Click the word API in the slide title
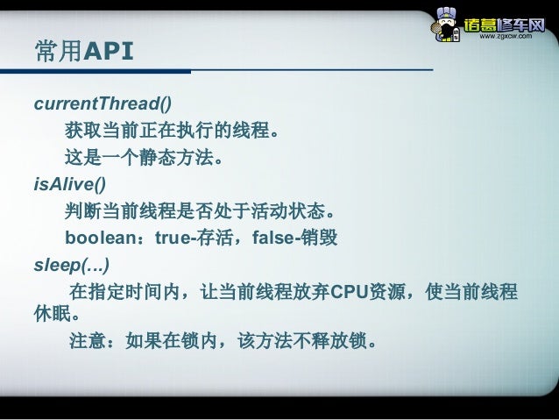tap(108, 53)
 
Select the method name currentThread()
tap(103, 104)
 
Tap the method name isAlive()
tap(69, 184)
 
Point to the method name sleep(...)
tap(72, 264)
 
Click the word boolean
tap(99, 238)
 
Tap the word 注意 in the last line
tap(88, 340)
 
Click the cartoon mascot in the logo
tap(447, 25)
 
